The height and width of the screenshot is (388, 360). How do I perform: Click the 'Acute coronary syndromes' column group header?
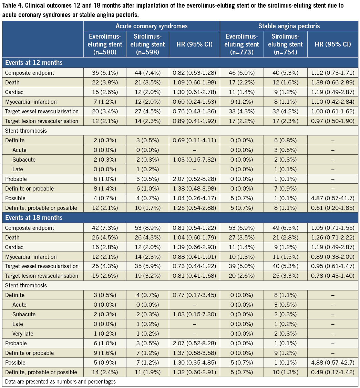[152, 26]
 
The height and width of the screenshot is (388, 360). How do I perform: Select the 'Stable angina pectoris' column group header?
[289, 26]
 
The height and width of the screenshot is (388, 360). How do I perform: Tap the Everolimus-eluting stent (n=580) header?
[105, 44]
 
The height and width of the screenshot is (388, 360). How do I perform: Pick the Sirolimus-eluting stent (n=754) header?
[285, 44]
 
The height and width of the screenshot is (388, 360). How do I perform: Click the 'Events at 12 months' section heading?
[33, 63]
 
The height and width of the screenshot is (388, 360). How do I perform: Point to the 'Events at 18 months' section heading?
[33, 218]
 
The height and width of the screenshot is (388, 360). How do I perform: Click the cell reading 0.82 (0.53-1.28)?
[194, 73]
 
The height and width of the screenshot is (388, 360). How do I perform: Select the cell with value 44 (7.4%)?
[147, 73]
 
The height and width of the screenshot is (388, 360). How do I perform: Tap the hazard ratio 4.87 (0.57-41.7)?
[333, 198]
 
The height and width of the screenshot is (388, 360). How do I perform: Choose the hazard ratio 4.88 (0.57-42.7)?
[333, 363]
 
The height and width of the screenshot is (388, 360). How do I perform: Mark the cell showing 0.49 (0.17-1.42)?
[333, 372]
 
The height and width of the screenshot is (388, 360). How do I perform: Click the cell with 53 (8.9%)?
[147, 228]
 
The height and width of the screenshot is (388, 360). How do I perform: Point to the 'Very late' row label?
[23, 334]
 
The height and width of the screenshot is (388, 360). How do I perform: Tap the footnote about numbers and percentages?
[60, 381]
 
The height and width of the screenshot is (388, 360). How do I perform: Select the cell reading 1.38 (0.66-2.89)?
[333, 83]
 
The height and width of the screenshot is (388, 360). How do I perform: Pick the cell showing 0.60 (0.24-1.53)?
[194, 102]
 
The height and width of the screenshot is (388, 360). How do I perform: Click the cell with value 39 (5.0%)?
[241, 266]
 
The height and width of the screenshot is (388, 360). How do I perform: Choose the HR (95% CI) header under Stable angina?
[333, 44]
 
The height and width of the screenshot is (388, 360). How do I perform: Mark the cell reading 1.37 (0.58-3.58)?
[194, 353]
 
